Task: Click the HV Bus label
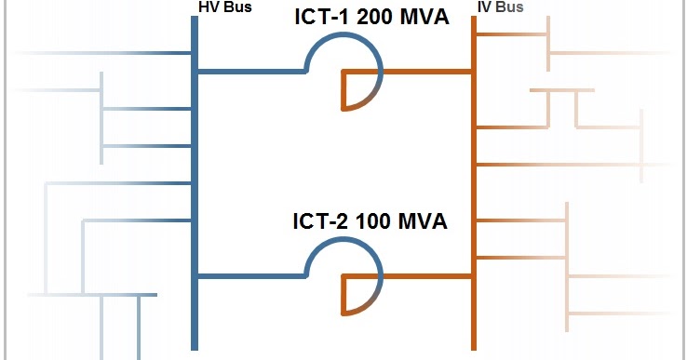(x=225, y=7)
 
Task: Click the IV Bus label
(x=500, y=7)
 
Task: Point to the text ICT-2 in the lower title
(x=321, y=222)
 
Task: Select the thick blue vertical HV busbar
(x=195, y=186)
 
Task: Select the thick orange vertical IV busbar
(x=473, y=186)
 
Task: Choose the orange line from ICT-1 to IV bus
(x=424, y=71)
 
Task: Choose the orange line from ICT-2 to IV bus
(x=424, y=275)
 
